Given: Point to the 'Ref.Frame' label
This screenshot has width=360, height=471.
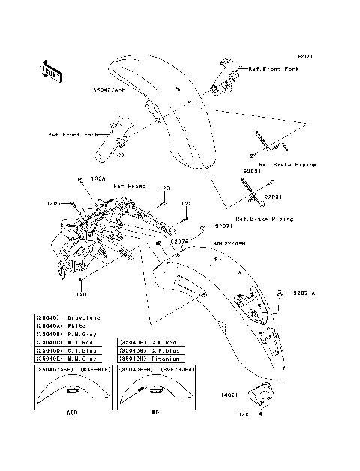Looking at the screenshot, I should point(129,185).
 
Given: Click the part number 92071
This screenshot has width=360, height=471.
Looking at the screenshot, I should point(225,226).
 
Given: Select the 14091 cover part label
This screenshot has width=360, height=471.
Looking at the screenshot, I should point(231,393).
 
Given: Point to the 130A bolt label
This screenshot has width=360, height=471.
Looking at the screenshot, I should point(97,179).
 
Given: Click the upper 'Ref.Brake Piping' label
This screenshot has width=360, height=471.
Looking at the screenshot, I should point(287,163).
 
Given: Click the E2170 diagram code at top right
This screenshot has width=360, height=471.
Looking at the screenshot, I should point(304,55).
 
